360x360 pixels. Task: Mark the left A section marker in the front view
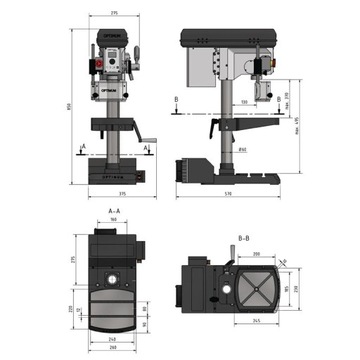click(x=83, y=147)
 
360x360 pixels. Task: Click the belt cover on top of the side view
click(x=228, y=38)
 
